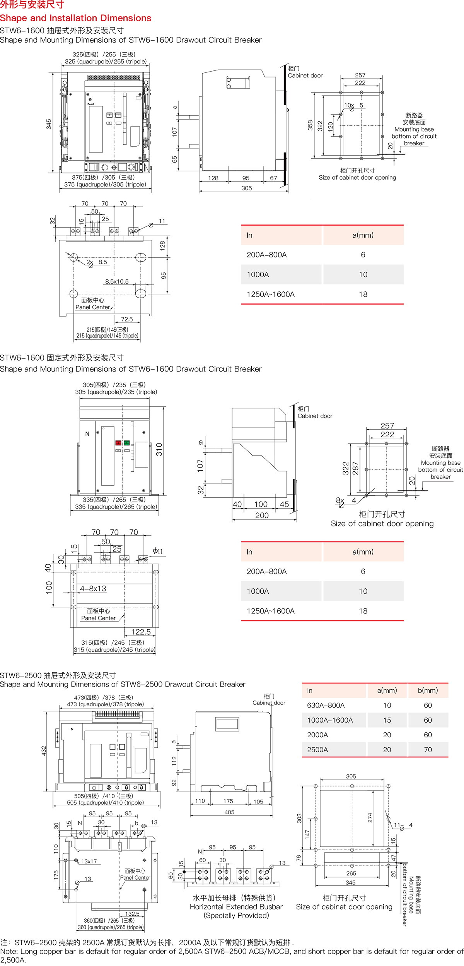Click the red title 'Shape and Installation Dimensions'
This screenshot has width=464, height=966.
(x=76, y=18)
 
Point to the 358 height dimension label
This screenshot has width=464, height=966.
(x=310, y=125)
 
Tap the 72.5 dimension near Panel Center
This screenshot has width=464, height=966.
(x=127, y=319)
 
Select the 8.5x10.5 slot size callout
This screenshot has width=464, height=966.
(x=117, y=281)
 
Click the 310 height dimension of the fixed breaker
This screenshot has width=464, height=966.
(x=159, y=449)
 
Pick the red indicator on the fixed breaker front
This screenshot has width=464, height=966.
(x=118, y=443)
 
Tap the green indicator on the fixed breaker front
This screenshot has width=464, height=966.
(x=126, y=443)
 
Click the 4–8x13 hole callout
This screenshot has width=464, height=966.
(x=93, y=589)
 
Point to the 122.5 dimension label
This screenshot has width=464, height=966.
(x=141, y=632)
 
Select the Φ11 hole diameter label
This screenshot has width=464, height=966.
(x=158, y=551)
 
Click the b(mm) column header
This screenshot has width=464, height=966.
(x=428, y=690)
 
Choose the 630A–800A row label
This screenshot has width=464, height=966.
(x=326, y=705)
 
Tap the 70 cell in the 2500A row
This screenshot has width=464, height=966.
(x=428, y=750)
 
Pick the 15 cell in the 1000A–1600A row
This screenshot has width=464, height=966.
(x=387, y=720)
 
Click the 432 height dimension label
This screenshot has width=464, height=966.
(x=44, y=751)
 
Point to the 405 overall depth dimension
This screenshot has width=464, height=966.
(x=229, y=812)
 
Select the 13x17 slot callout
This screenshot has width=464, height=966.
(x=89, y=862)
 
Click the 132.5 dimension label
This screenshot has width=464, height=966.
(x=132, y=914)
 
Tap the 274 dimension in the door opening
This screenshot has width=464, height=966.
(x=370, y=818)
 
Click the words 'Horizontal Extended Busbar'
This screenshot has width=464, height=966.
(x=236, y=907)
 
